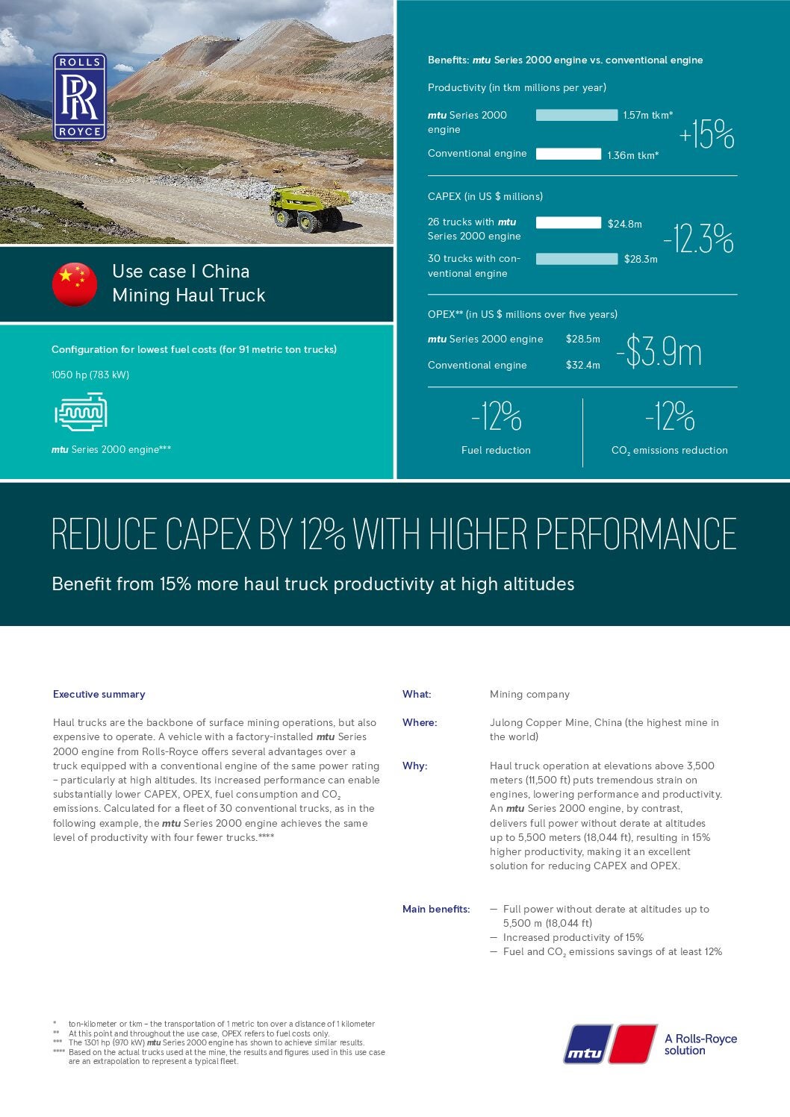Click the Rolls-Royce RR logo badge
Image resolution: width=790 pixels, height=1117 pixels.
click(79, 97)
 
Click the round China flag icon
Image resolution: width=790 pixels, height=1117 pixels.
click(75, 284)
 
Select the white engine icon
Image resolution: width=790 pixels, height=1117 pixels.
click(81, 413)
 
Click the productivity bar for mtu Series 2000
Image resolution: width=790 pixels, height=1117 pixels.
click(576, 115)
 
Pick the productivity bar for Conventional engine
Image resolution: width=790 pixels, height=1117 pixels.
click(568, 154)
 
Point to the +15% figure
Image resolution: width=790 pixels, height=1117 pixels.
click(706, 134)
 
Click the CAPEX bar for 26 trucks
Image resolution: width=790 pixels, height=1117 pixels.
click(568, 222)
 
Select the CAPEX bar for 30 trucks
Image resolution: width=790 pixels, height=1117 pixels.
click(576, 259)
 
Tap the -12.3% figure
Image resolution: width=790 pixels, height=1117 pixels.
click(698, 240)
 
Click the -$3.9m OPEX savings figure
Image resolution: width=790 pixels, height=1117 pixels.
click(659, 352)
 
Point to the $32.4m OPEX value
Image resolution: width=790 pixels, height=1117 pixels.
click(582, 365)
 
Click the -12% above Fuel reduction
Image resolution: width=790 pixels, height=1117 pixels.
click(497, 416)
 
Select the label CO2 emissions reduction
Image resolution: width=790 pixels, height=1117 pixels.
click(669, 450)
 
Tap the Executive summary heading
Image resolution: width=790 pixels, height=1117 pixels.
click(99, 694)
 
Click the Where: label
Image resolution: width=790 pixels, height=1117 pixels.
click(420, 722)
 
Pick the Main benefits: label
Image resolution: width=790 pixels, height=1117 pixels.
click(436, 909)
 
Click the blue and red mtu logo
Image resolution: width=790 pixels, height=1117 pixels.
click(610, 1043)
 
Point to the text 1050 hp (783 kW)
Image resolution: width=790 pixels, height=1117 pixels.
click(90, 375)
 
